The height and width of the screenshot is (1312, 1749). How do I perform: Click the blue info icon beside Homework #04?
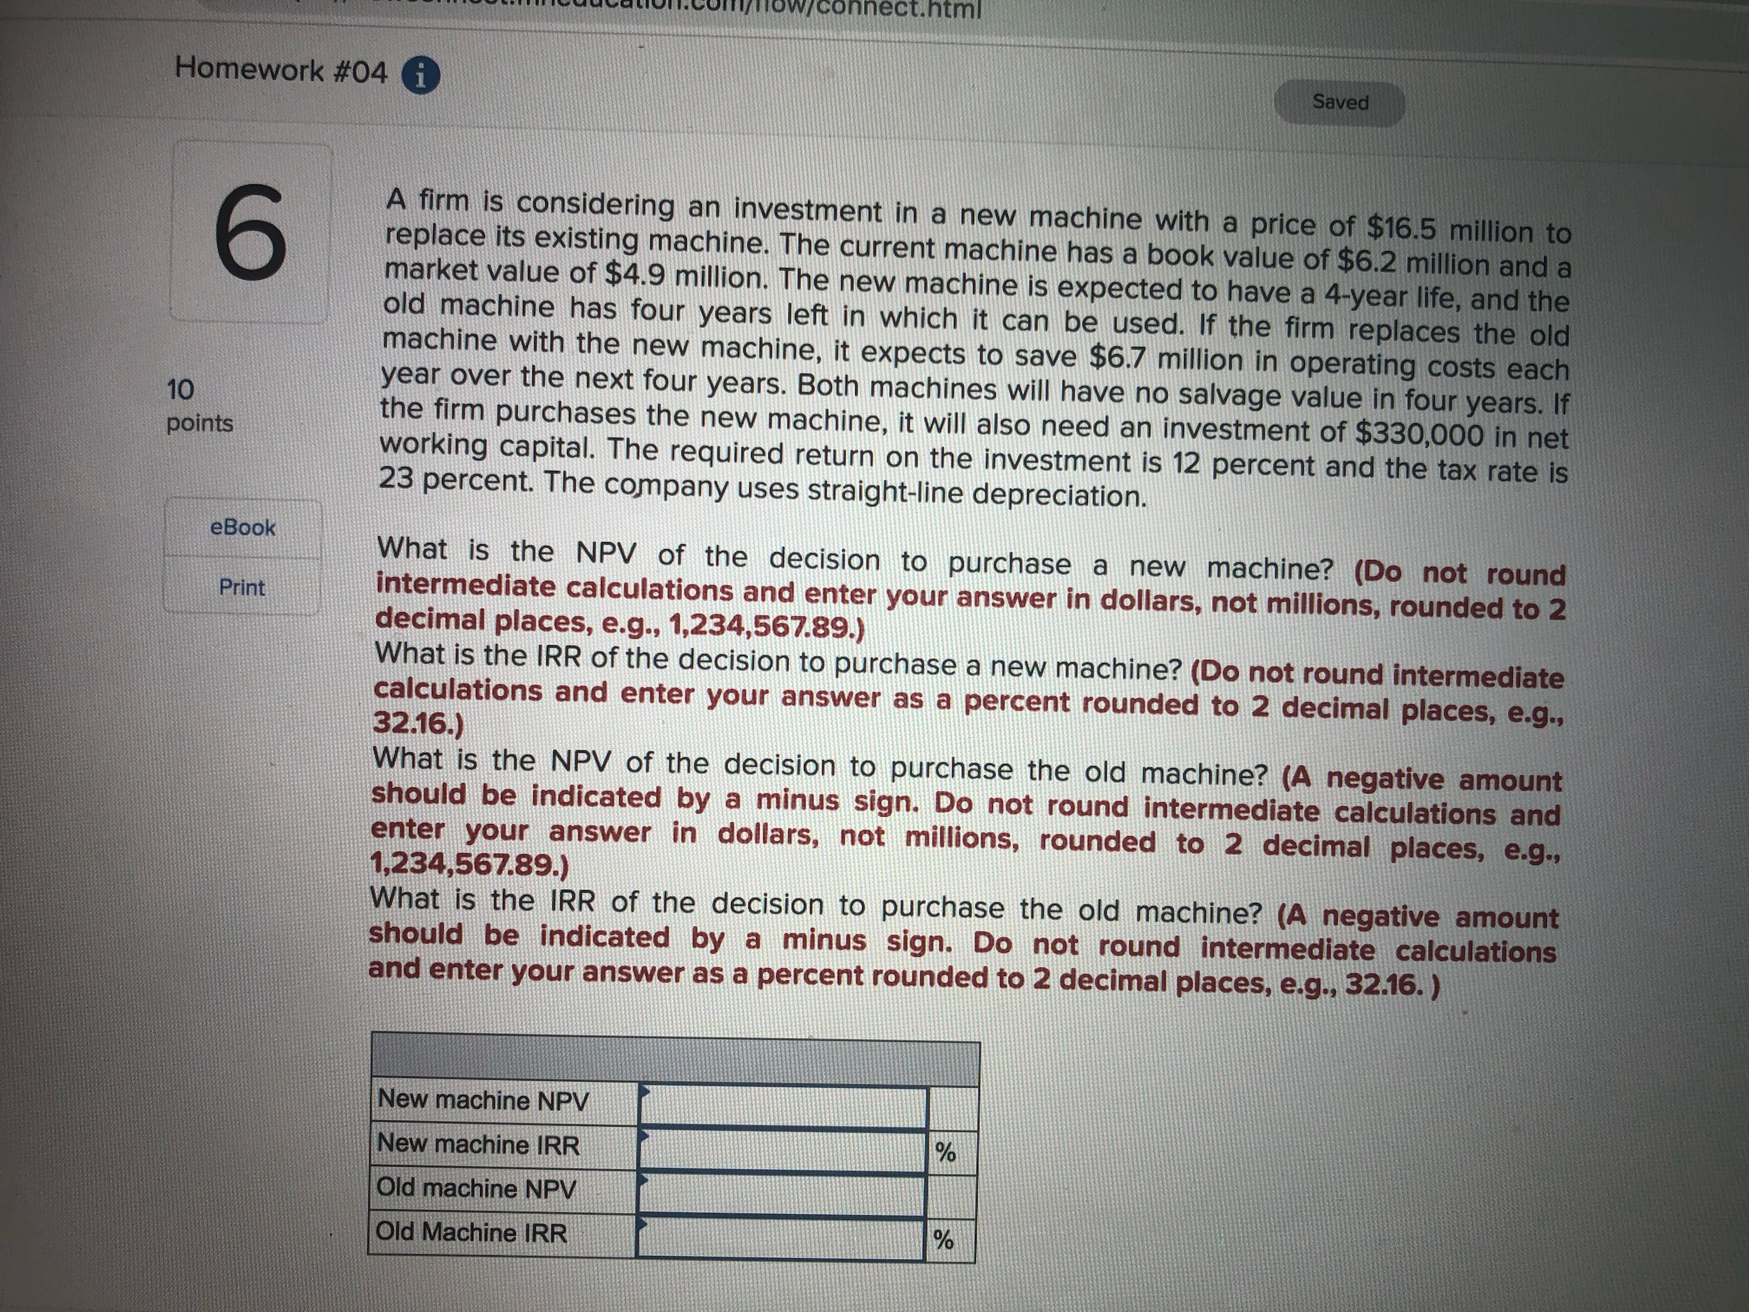(421, 76)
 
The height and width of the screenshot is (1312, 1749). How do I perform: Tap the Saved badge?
(1339, 103)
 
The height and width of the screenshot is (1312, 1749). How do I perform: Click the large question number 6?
(250, 231)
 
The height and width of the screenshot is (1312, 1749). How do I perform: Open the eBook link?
(243, 528)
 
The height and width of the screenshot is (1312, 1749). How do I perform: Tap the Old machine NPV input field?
(781, 1195)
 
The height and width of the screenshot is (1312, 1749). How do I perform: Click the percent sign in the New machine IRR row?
(946, 1152)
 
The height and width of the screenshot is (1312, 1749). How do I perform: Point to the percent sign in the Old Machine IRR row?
(943, 1239)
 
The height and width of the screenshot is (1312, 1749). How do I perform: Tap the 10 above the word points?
(180, 389)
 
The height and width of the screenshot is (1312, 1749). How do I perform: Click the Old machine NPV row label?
(476, 1188)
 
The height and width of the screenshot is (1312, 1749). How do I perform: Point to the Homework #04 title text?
(280, 71)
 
